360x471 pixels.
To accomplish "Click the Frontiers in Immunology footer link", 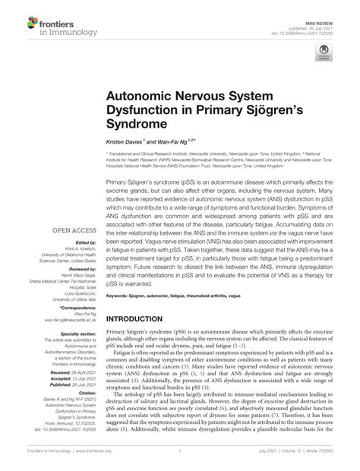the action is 51,456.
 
